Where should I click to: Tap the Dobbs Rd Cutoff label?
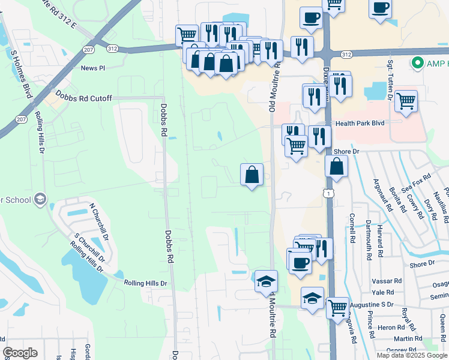coord(83,97)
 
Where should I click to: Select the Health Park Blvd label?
coord(360,123)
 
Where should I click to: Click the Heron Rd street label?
coord(391,328)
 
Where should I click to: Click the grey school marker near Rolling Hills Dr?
coord(40,199)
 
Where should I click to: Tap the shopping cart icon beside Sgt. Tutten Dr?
coord(406,101)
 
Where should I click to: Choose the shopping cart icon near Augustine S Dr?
coord(337,307)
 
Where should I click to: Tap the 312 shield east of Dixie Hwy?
coord(346,55)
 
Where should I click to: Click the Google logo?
coord(20,352)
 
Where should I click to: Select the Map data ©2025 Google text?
coord(411,355)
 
